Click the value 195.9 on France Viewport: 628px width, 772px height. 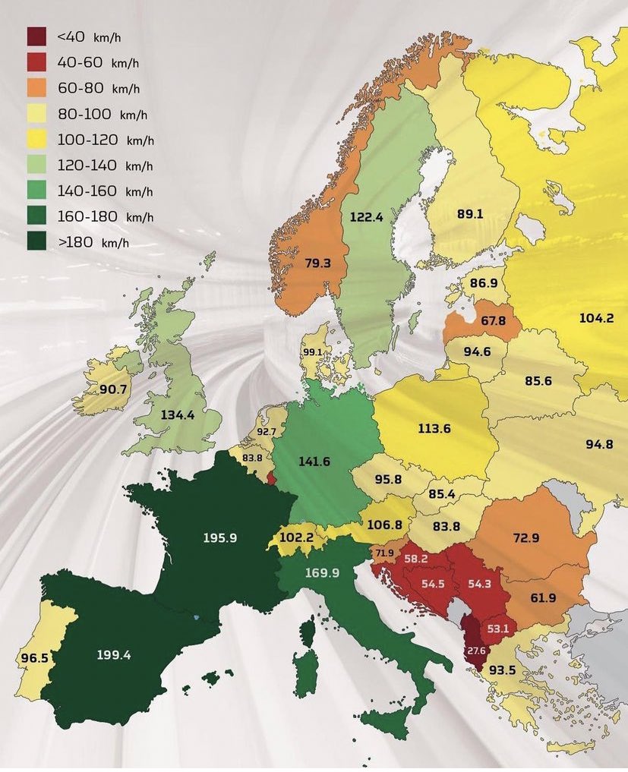tap(220, 537)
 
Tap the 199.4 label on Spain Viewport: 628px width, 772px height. tap(114, 654)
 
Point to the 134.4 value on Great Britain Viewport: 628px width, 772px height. tap(178, 415)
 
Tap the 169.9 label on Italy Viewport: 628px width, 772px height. tap(322, 572)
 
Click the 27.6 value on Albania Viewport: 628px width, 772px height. tap(475, 651)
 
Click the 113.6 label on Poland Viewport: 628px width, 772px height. tap(434, 428)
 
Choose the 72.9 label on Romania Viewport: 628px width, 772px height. tap(525, 538)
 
